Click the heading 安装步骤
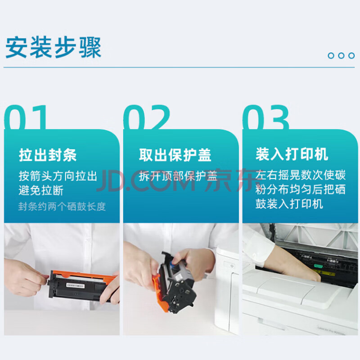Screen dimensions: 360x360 [x=53, y=48]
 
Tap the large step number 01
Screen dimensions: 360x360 [x=26, y=117]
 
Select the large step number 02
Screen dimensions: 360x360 [x=147, y=117]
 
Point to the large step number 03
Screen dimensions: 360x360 [x=266, y=117]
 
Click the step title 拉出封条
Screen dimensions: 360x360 [x=48, y=155]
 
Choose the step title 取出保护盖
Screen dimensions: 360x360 [x=175, y=155]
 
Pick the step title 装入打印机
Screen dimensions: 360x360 [x=292, y=154]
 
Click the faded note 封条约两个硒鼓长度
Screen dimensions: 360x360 [x=62, y=207]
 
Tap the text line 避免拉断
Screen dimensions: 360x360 [x=41, y=190]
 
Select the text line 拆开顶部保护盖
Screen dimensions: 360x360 [x=178, y=176]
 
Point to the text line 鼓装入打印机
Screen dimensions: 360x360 [x=289, y=204]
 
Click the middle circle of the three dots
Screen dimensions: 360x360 [x=341, y=55]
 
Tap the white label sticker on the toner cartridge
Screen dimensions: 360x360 [x=75, y=286]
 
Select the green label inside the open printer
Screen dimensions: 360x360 [x=318, y=266]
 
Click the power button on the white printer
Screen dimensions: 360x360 [x=232, y=266]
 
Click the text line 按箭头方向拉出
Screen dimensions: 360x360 [x=58, y=176]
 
